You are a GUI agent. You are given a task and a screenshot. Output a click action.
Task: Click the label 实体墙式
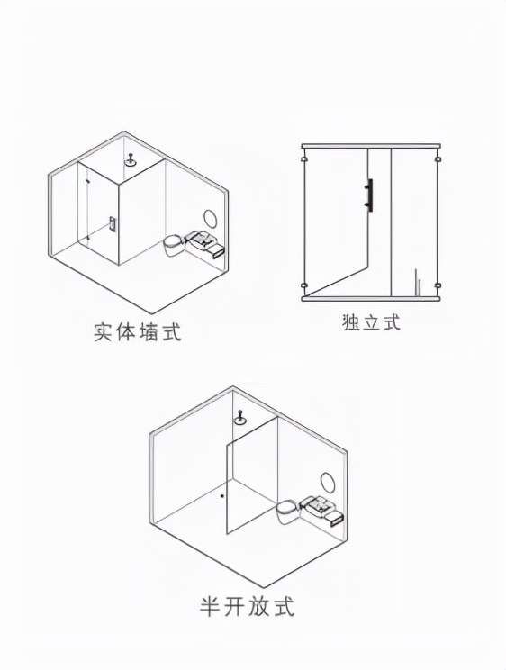pyautogui.click(x=138, y=332)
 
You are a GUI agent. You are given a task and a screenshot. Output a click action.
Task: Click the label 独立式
pyautogui.click(x=371, y=322)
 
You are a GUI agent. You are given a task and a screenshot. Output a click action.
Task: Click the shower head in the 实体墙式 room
pyautogui.click(x=131, y=159)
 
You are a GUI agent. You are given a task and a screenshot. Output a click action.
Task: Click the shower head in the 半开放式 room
pyautogui.click(x=239, y=418)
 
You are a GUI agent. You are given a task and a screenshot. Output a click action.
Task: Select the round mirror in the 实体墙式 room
pyautogui.click(x=211, y=219)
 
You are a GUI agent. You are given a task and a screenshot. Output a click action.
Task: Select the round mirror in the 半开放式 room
pyautogui.click(x=328, y=482)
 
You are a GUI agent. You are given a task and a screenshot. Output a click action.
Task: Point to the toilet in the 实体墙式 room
pyautogui.click(x=174, y=245)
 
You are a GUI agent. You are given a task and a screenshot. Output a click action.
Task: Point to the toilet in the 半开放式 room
pyautogui.click(x=287, y=511)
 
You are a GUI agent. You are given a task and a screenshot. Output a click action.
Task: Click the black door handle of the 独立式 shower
pyautogui.click(x=369, y=195)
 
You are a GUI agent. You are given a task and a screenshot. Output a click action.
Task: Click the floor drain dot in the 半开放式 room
pyautogui.click(x=222, y=495)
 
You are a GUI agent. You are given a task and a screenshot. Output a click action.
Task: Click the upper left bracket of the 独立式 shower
pyautogui.click(x=303, y=159)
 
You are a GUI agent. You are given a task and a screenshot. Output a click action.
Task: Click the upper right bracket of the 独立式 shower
pyautogui.click(x=438, y=159)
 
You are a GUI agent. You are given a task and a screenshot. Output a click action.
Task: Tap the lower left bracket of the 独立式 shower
pyautogui.click(x=303, y=285)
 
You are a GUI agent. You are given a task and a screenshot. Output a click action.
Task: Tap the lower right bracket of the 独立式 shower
pyautogui.click(x=438, y=285)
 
